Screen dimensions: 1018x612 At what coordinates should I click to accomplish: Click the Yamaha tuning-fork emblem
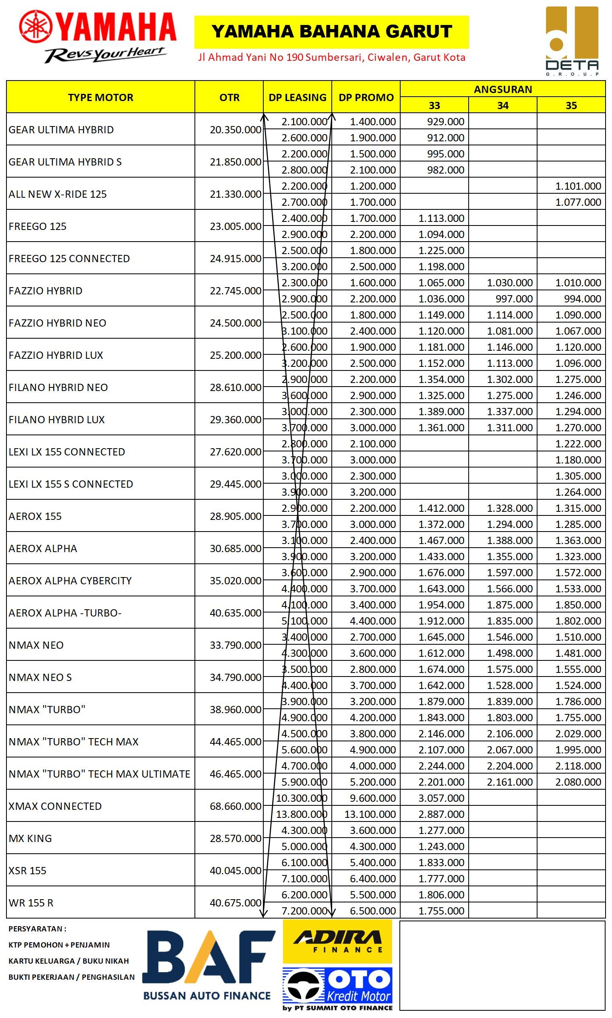pos(36,27)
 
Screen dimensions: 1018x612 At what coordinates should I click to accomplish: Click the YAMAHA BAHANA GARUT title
pos(332,32)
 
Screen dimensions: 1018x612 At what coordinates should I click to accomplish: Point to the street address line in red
pos(332,57)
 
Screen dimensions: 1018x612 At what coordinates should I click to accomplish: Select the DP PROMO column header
pos(366,97)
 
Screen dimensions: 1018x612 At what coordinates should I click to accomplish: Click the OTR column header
pos(229,97)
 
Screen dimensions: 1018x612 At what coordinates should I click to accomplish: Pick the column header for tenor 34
pos(502,106)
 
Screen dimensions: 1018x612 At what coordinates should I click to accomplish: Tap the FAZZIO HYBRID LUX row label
pos(56,355)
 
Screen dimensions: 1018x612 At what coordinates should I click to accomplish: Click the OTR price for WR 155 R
pos(236,902)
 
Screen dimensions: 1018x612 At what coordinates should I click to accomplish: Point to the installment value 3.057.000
pos(441,798)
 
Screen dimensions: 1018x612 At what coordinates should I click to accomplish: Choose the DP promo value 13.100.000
pos(370,814)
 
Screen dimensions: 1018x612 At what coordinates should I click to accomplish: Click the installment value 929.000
pos(445,122)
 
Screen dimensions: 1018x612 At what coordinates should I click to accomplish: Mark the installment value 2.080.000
pos(578,782)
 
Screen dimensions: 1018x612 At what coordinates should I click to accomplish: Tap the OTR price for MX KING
pos(236,838)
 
